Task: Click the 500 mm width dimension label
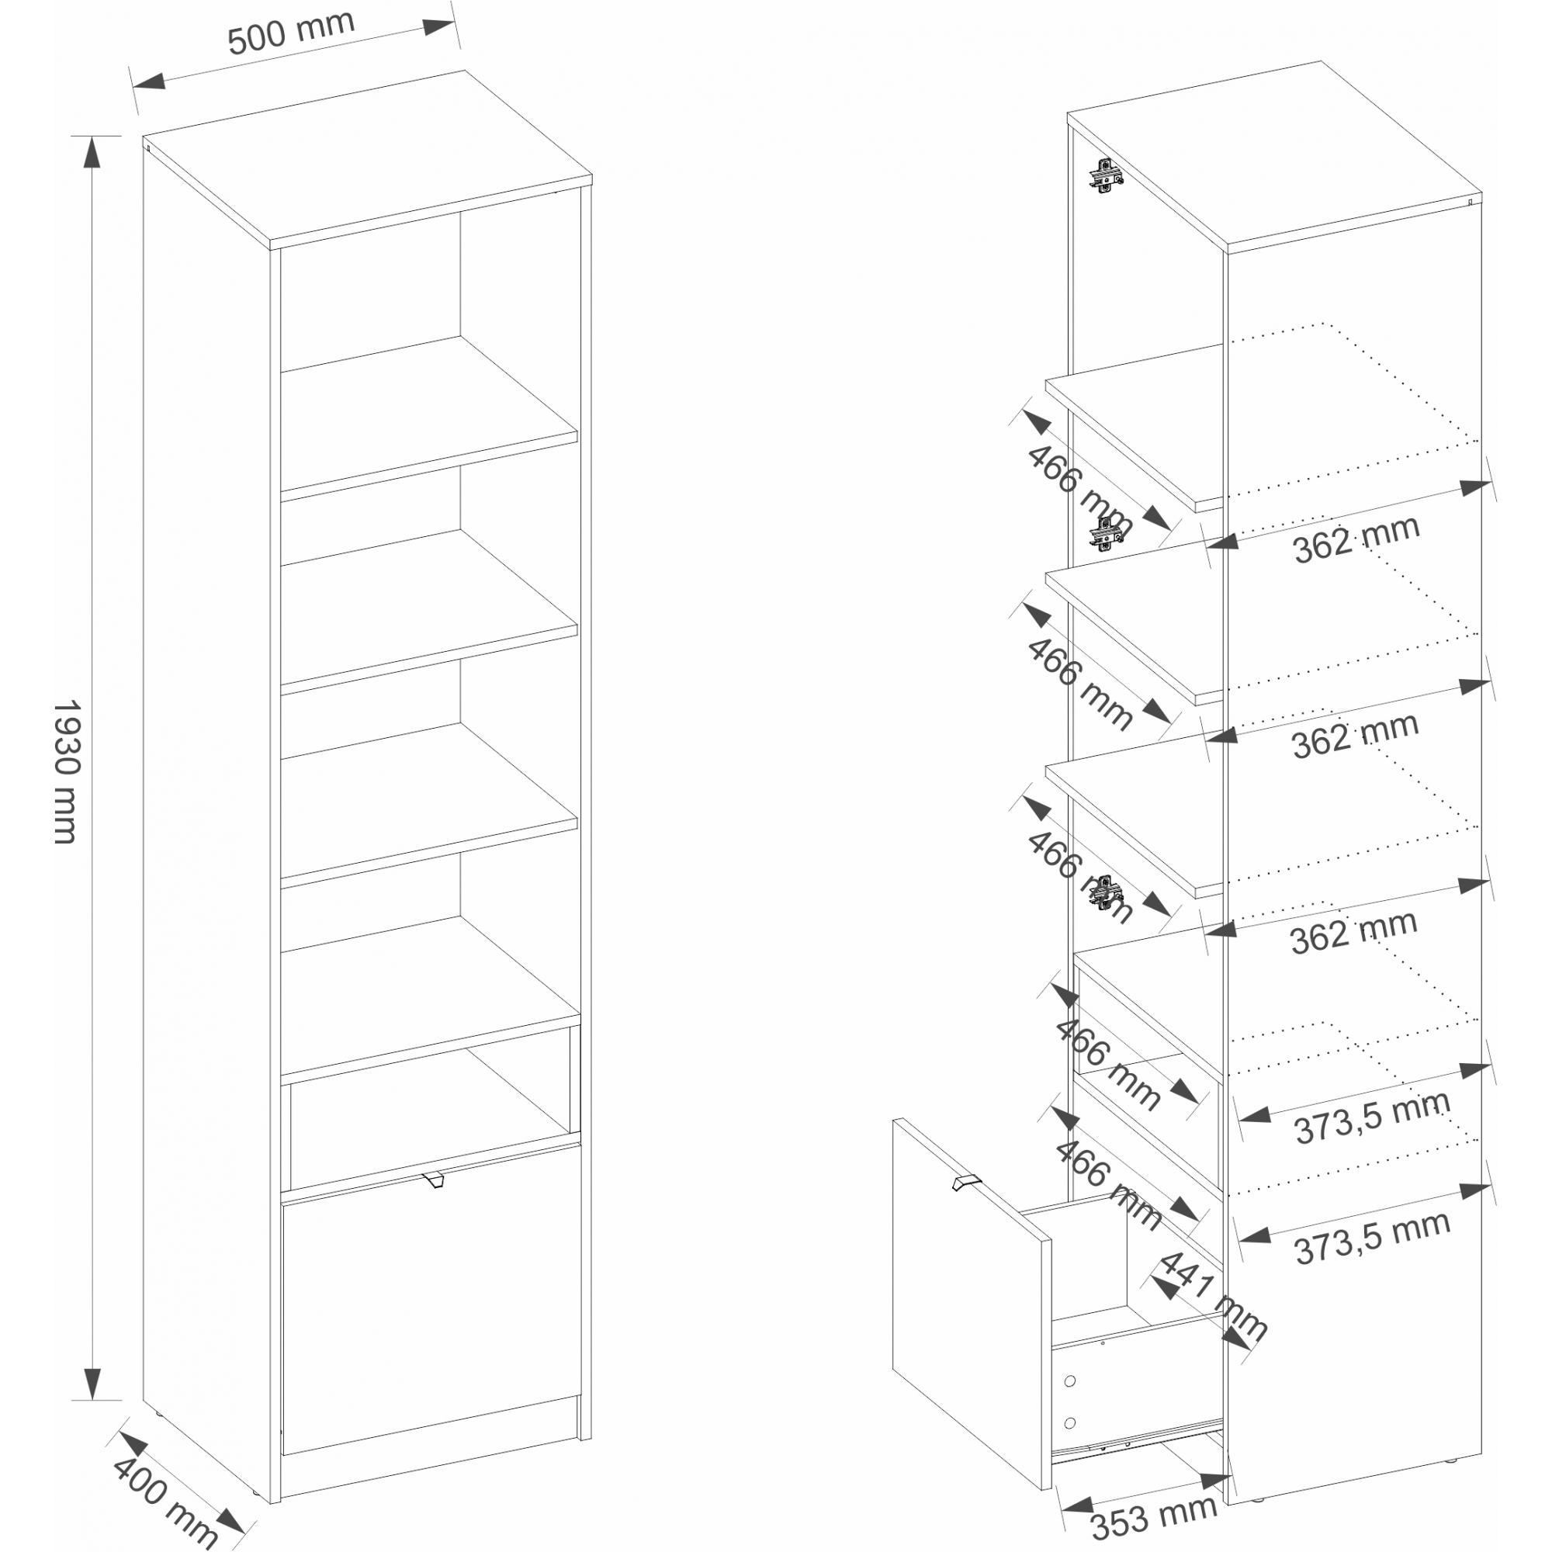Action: click(291, 33)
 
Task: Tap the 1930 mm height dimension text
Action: click(67, 771)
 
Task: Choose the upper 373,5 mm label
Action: click(1372, 1116)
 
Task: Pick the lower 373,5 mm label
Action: click(1372, 1238)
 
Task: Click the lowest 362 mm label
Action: click(1353, 932)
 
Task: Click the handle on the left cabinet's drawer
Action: click(433, 1180)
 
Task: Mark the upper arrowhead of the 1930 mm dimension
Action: click(92, 152)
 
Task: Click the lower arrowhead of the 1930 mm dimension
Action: click(92, 1383)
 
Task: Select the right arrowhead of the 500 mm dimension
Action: click(438, 26)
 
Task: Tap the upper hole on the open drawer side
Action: click(1070, 1382)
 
